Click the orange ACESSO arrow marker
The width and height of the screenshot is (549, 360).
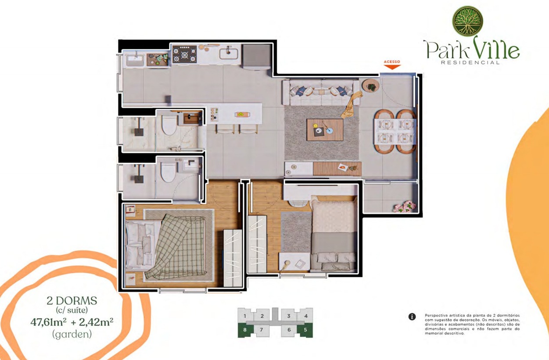coord(392,67)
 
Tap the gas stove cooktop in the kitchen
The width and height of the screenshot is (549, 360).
coord(185,54)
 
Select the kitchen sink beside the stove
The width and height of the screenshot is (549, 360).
coord(229,53)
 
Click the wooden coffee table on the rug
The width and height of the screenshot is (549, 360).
coord(325,130)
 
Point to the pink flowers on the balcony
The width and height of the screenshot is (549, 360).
coord(405,207)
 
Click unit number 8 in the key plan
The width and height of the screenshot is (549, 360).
coord(244,330)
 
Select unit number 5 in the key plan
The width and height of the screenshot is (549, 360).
coord(305,330)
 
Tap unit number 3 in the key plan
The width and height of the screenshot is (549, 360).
coord(288,316)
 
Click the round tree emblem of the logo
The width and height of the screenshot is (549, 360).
coord(467,21)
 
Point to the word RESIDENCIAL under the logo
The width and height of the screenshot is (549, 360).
coord(470,62)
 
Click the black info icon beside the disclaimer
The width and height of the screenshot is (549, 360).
coord(412,317)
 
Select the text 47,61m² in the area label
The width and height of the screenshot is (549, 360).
coord(48,322)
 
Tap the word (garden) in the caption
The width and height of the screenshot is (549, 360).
coord(72,334)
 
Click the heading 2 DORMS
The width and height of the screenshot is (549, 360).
coord(72,300)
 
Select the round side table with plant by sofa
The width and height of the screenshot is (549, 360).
coord(370,86)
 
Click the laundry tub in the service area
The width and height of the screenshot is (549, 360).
coord(135,61)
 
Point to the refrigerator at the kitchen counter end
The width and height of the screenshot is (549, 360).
coord(257,57)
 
